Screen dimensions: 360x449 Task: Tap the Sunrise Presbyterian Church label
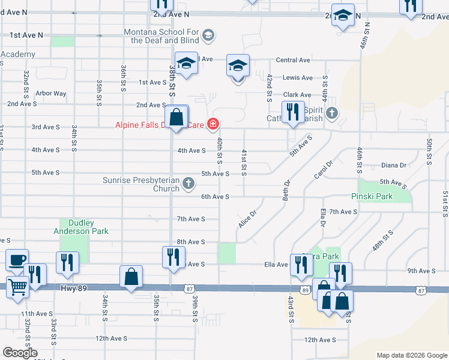pos(140,184)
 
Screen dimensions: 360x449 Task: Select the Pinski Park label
pos(371,196)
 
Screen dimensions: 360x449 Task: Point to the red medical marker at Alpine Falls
pos(212,125)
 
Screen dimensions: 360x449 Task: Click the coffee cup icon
pos(17,260)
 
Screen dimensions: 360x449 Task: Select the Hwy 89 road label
pos(74,289)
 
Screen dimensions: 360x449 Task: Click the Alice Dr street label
pos(247,218)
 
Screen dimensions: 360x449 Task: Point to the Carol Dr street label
pos(323,170)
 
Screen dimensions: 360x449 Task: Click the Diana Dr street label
pos(394,166)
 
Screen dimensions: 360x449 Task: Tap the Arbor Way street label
pos(51,94)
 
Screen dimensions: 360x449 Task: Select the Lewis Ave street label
pos(298,78)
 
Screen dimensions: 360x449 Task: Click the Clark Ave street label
pos(297,95)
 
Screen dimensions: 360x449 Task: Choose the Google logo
pos(20,353)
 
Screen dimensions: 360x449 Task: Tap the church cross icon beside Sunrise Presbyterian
pos(188,184)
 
